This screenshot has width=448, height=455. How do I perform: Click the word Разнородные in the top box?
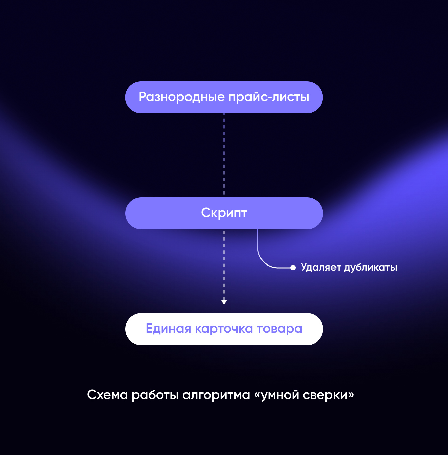click(x=181, y=97)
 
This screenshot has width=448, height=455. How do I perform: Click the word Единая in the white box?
click(x=168, y=329)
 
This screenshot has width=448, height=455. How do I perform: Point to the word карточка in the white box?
click(x=224, y=329)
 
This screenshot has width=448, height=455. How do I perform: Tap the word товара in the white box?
click(x=279, y=329)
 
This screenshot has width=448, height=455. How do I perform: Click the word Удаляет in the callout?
click(x=321, y=268)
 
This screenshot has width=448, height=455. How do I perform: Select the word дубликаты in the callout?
click(x=371, y=268)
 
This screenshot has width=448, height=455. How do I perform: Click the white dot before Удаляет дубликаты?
click(x=293, y=268)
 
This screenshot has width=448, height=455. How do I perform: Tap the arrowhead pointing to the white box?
click(x=224, y=302)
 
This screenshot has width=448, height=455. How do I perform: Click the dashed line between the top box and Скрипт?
click(x=224, y=154)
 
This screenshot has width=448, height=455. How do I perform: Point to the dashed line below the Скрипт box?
click(x=224, y=264)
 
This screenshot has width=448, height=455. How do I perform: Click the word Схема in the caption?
click(x=107, y=395)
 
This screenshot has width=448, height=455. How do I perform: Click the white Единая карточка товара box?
click(x=224, y=329)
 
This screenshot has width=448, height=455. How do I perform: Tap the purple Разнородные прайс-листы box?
click(x=224, y=97)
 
